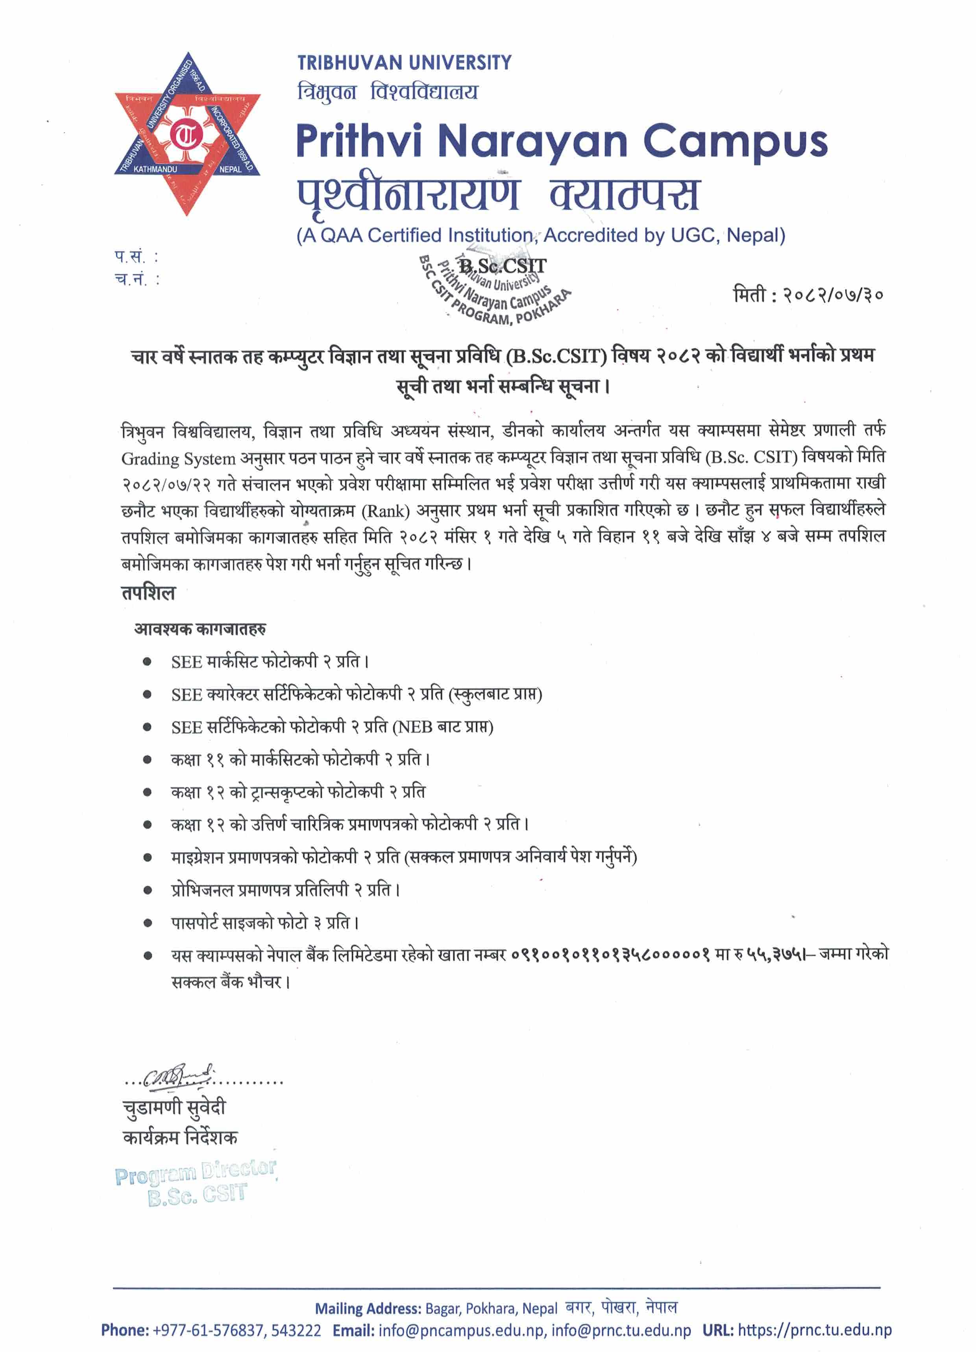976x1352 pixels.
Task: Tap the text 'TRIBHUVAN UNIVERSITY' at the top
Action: click(x=404, y=63)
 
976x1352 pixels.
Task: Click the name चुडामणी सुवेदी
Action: click(x=174, y=1107)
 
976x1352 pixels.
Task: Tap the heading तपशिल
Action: click(x=148, y=593)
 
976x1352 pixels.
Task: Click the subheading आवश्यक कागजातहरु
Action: click(x=200, y=629)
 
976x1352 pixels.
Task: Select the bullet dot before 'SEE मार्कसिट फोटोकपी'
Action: click(x=147, y=662)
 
